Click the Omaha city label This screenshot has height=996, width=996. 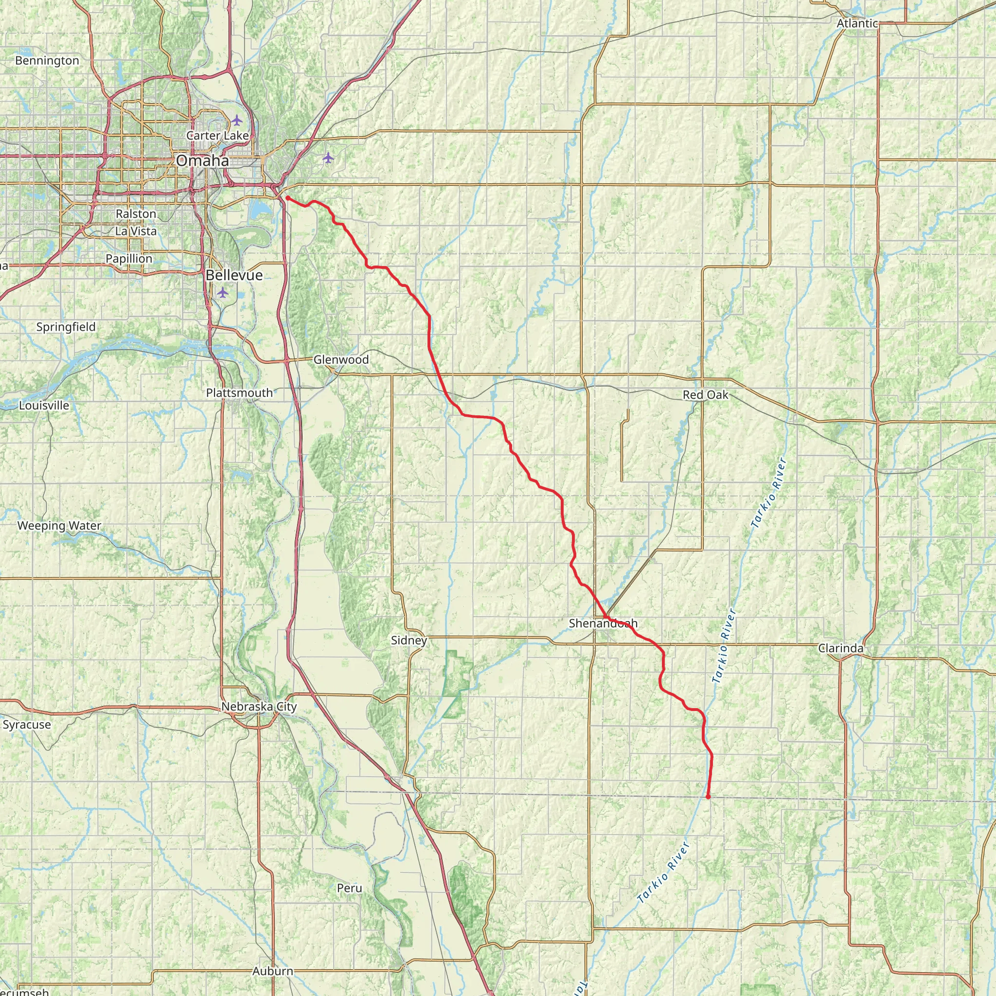[202, 161]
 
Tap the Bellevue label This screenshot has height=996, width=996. [234, 275]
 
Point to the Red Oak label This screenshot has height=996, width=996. [705, 395]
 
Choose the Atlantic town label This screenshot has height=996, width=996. [857, 23]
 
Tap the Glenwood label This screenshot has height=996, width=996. [341, 359]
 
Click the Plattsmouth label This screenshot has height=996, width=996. [239, 393]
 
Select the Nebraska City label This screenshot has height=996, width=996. [259, 706]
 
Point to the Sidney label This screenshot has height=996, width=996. [409, 640]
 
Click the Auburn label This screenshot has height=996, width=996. [273, 971]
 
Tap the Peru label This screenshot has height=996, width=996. [349, 888]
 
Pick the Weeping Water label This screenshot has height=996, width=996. [59, 525]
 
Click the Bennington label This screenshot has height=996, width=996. [47, 60]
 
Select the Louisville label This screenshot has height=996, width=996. [44, 405]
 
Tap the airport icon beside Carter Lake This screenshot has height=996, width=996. [236, 120]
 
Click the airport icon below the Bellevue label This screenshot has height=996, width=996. [222, 293]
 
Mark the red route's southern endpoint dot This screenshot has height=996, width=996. [708, 797]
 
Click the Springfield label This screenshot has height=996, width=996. [66, 327]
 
